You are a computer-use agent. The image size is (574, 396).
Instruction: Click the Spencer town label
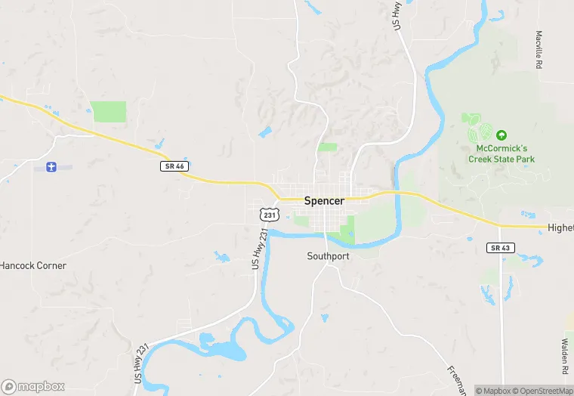tap(324, 202)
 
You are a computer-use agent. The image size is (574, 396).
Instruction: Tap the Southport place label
tap(329, 256)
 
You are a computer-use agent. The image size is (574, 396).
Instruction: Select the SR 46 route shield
tap(173, 166)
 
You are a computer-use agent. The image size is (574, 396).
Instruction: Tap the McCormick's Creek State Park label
tap(501, 154)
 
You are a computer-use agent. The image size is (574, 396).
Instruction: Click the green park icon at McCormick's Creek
tap(501, 135)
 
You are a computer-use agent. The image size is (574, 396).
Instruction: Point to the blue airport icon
tap(51, 166)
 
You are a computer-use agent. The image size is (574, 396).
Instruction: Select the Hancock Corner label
tap(33, 266)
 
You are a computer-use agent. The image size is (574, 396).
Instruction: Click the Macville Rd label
tap(539, 50)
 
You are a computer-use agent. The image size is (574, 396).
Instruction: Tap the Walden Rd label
tap(564, 357)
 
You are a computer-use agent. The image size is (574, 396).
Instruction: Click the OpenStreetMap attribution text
tap(543, 391)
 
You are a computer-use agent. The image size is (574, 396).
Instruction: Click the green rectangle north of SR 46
tap(108, 112)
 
